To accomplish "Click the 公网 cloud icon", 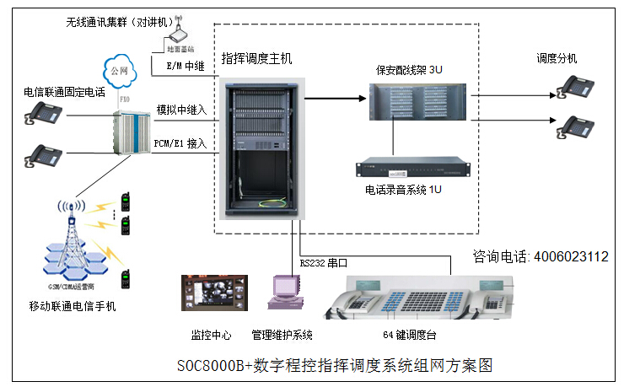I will tap(121, 67).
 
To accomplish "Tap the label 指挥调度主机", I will tap(256, 58).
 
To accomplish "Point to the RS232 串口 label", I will tap(324, 262).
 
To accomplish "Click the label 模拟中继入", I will tap(181, 110).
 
